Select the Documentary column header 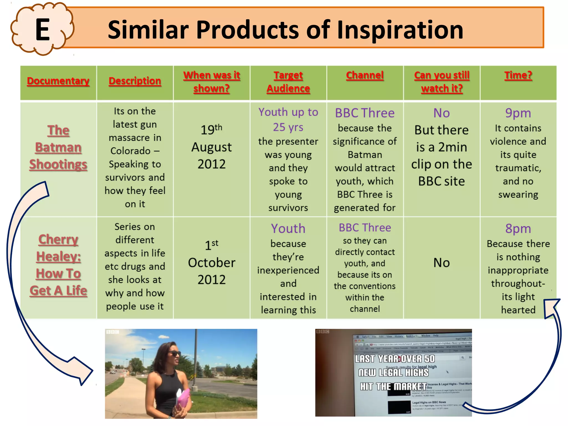(x=58, y=81)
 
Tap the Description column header (x=135, y=81)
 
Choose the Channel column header (x=365, y=75)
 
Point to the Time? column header (x=518, y=75)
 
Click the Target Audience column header (x=288, y=82)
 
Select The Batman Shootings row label (x=58, y=147)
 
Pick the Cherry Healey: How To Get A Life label (x=58, y=265)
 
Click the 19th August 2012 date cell (x=212, y=147)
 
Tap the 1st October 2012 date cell (x=212, y=262)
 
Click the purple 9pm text (x=518, y=113)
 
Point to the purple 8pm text (x=518, y=229)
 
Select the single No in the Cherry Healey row (x=442, y=263)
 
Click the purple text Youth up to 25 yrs (x=288, y=120)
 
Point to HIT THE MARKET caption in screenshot (x=393, y=386)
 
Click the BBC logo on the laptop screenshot (x=323, y=331)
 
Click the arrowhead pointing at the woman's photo (x=83, y=374)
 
